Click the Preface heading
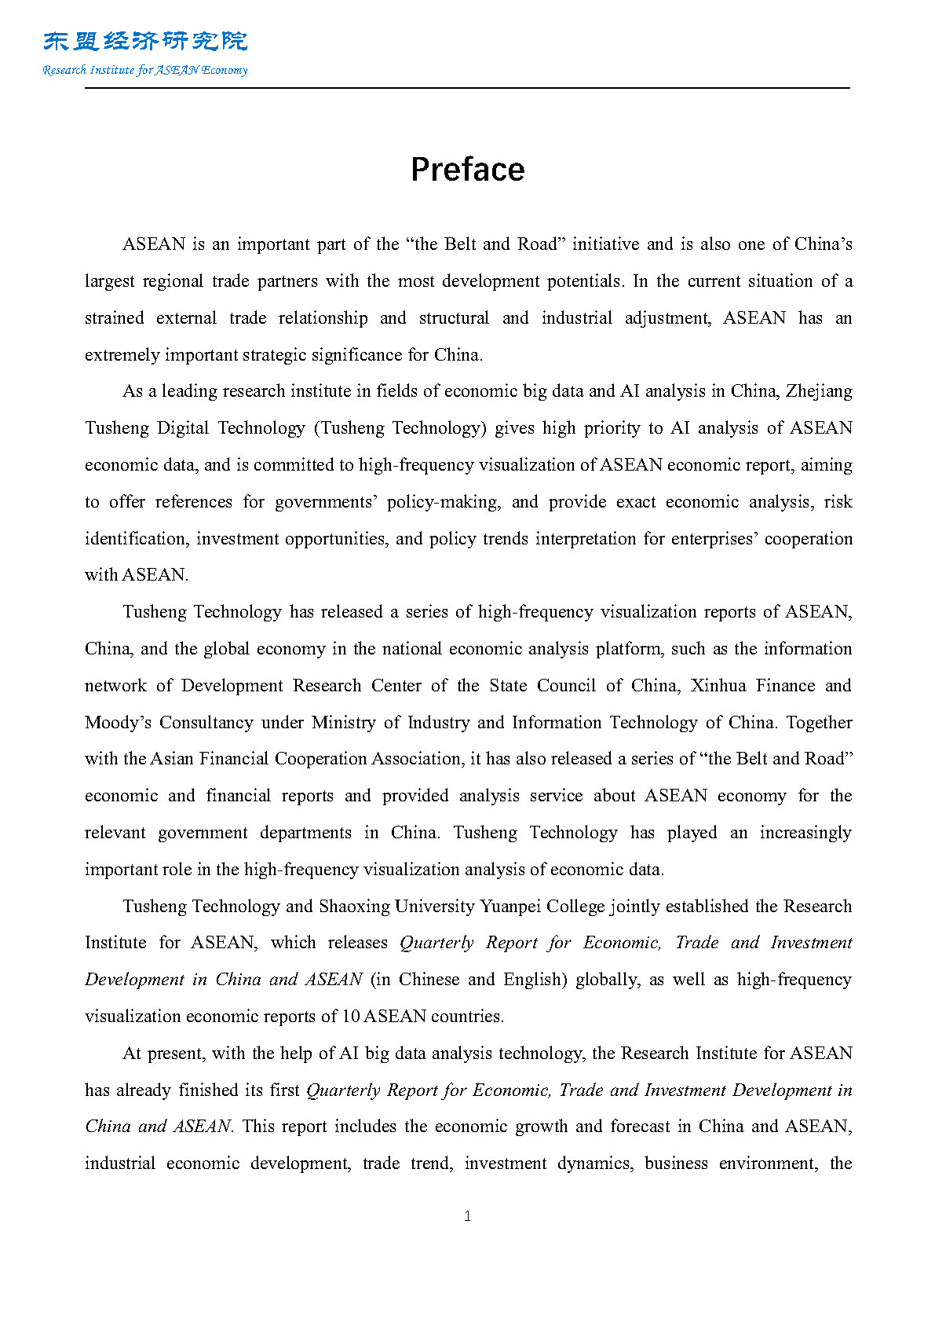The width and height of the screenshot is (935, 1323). point(467,170)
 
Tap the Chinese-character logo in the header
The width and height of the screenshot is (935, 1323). point(145,42)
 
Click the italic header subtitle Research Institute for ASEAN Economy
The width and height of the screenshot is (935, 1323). point(145,70)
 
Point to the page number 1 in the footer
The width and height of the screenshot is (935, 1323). point(468,1216)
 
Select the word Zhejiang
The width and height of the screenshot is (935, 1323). point(819,391)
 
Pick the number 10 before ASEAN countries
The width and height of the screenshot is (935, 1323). point(350,1017)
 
